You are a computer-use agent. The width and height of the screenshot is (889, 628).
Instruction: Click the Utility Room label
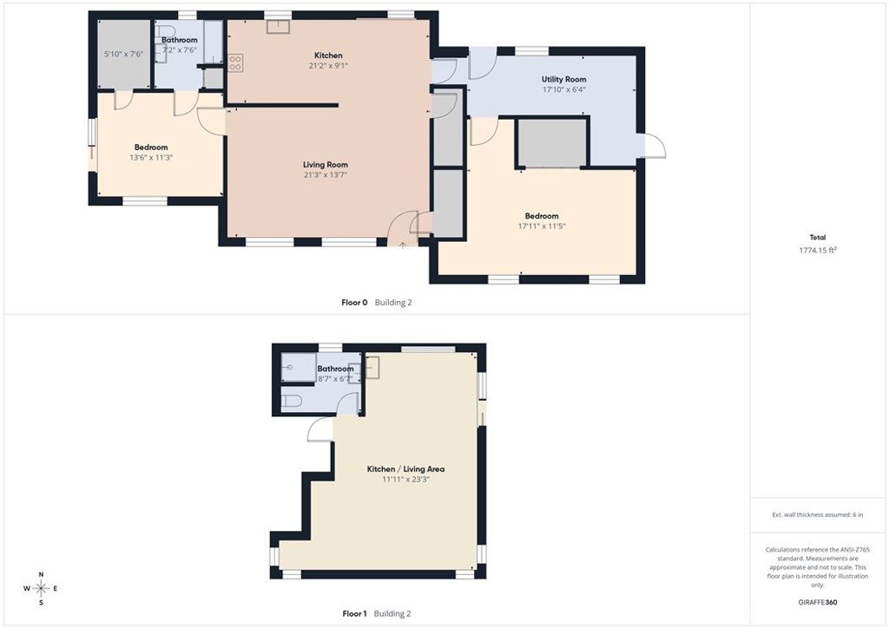pos(564,79)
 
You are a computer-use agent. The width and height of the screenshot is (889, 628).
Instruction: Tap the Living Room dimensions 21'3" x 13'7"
pos(326,175)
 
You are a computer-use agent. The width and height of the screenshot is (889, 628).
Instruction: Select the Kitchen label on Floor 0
pos(328,56)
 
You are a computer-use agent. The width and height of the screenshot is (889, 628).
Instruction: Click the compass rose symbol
pos(40,588)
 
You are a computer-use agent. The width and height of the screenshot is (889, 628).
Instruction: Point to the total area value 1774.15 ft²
pos(817,250)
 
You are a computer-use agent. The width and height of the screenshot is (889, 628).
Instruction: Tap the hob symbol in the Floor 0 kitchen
pos(235,62)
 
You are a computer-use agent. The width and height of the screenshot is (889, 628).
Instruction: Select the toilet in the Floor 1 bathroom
pos(293,401)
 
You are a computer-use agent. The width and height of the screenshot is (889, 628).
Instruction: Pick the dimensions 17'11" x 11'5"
pos(542,226)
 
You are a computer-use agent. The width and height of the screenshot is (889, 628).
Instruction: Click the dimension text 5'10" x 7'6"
pos(123,54)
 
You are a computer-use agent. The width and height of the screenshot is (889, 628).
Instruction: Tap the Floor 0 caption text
pos(354,303)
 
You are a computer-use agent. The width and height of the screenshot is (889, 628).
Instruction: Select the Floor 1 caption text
pos(354,613)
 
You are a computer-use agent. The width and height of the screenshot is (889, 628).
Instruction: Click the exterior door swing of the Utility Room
pos(654,147)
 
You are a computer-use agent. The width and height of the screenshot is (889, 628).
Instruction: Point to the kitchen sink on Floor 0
pos(278,26)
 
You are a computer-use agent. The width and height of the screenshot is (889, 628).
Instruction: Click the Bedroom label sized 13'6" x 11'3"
pos(150,147)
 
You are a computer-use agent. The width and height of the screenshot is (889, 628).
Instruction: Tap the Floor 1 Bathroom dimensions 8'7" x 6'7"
pos(335,379)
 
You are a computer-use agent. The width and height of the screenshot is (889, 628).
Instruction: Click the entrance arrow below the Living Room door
pos(403,245)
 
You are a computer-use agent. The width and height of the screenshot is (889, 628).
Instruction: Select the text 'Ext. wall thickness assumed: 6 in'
pos(817,514)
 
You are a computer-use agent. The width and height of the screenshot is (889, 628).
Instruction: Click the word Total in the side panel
pos(817,237)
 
